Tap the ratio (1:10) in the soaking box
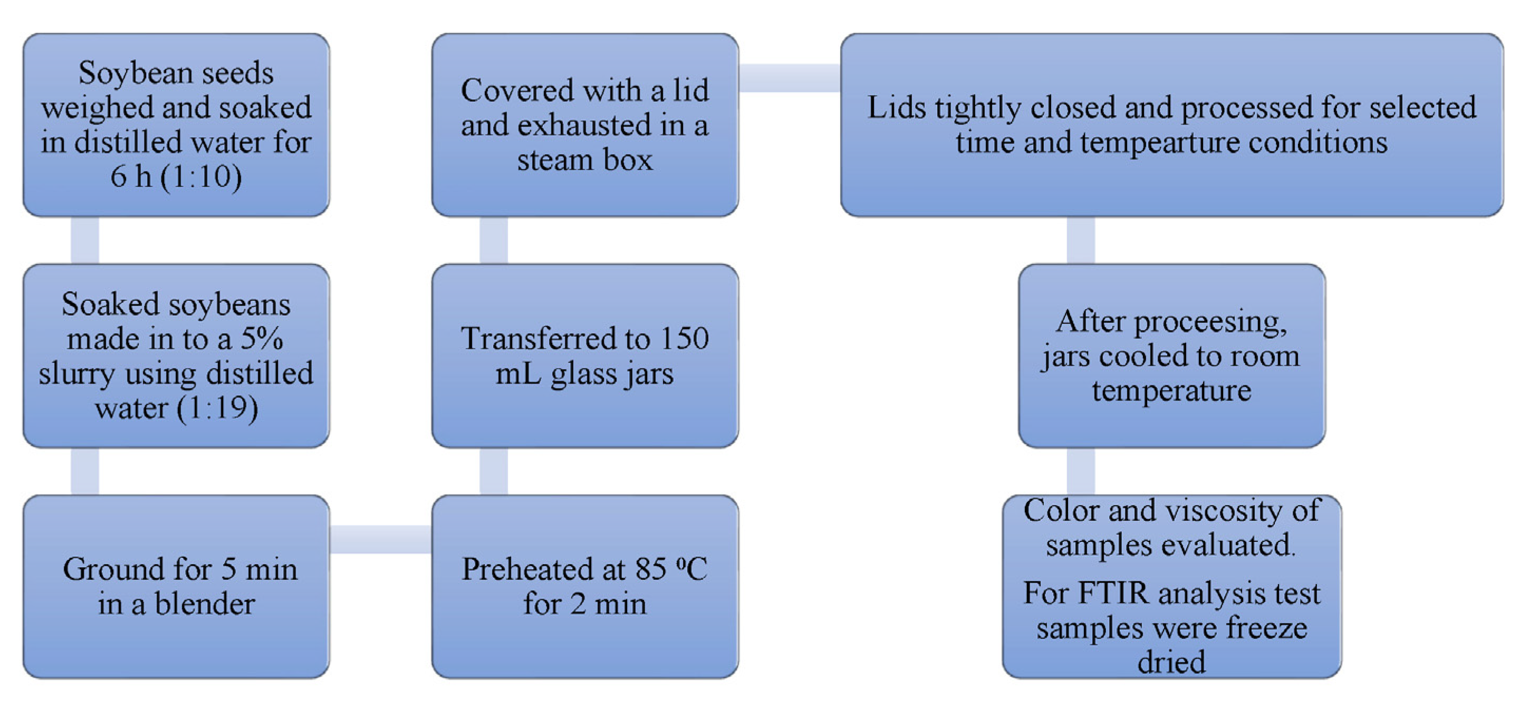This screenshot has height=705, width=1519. [200, 176]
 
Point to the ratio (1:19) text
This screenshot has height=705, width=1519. [217, 408]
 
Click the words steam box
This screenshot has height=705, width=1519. [584, 160]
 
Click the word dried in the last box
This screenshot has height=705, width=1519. [1170, 662]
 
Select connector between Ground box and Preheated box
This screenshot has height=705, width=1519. [380, 539]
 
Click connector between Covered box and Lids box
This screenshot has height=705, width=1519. [790, 79]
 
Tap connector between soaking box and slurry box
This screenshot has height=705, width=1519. [85, 240]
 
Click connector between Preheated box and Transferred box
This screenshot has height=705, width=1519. [494, 471]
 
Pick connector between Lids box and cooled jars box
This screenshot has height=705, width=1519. [1080, 240]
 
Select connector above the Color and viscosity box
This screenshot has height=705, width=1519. [1080, 471]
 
